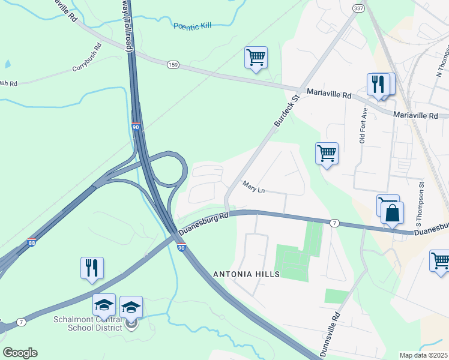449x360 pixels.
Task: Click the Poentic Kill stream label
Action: (x=193, y=26)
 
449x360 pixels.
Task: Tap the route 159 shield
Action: (x=173, y=64)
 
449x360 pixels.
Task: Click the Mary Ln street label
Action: (x=254, y=187)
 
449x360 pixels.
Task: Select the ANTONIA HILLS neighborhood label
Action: (x=247, y=274)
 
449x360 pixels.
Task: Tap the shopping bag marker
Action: (x=392, y=214)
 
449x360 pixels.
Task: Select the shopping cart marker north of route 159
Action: (x=256, y=58)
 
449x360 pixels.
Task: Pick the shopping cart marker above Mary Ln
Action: (x=327, y=154)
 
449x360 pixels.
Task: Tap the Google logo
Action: (x=20, y=353)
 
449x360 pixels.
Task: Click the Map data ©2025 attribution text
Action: (x=424, y=355)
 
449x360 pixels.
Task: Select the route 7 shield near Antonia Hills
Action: (x=334, y=223)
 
